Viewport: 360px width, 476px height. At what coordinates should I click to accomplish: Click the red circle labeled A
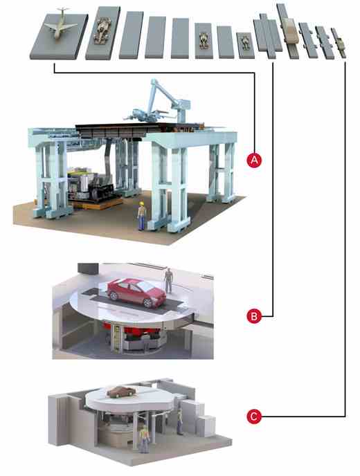click(255, 161)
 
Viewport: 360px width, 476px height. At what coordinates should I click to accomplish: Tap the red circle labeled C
click(255, 416)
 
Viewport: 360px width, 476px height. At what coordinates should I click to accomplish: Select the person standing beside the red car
click(168, 279)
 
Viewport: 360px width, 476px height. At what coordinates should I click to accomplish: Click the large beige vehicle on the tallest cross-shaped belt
click(289, 30)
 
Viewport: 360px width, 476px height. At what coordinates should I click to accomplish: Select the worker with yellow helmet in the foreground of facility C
click(144, 437)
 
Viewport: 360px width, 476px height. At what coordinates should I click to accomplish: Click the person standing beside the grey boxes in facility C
click(179, 419)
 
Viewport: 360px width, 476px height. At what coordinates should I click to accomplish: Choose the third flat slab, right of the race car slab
click(131, 35)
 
